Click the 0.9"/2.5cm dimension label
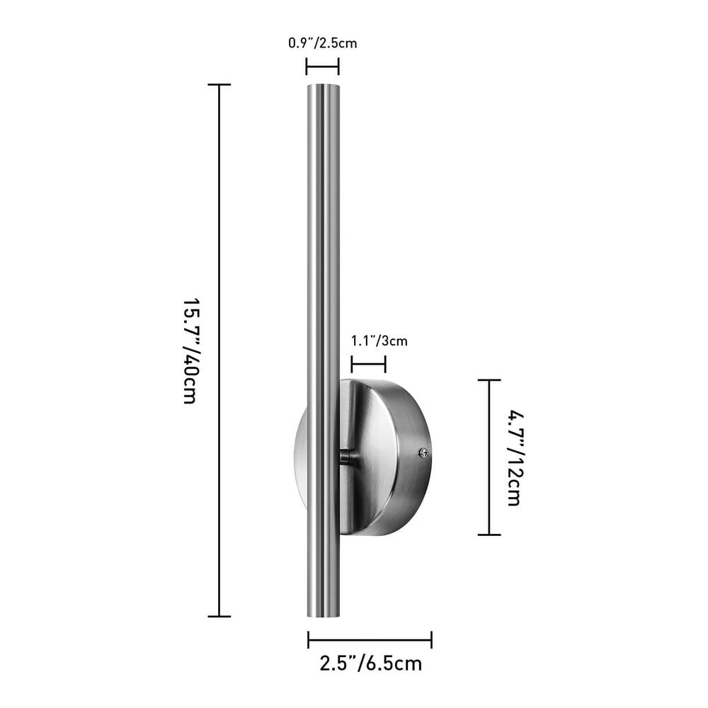(322, 43)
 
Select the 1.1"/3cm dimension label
(379, 341)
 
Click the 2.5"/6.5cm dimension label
(370, 664)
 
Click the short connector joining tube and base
(346, 457)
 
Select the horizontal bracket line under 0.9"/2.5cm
(322, 67)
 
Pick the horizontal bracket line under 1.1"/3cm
(368, 365)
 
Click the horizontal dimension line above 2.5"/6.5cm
(370, 640)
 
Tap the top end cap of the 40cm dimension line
(219, 85)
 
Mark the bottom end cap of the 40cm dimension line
(219, 616)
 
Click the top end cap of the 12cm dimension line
(489, 380)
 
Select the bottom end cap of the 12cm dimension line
(489, 535)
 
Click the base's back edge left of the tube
(299, 457)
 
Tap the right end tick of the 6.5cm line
(431, 640)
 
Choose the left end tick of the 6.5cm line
(309, 640)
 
